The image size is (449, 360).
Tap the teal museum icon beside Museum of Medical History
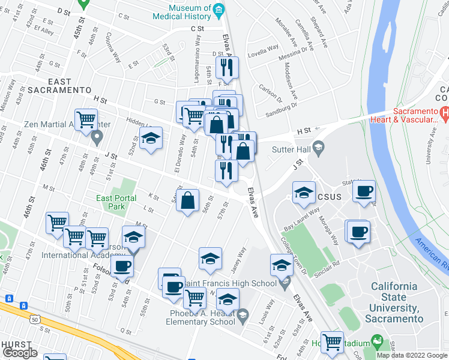coord(219,9)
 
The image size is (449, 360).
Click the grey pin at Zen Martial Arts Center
coord(97,138)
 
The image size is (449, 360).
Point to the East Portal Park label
coord(112,202)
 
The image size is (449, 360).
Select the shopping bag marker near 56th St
coord(188,202)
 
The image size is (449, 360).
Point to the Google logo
coord(20,353)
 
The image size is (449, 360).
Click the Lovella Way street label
coord(264,47)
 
